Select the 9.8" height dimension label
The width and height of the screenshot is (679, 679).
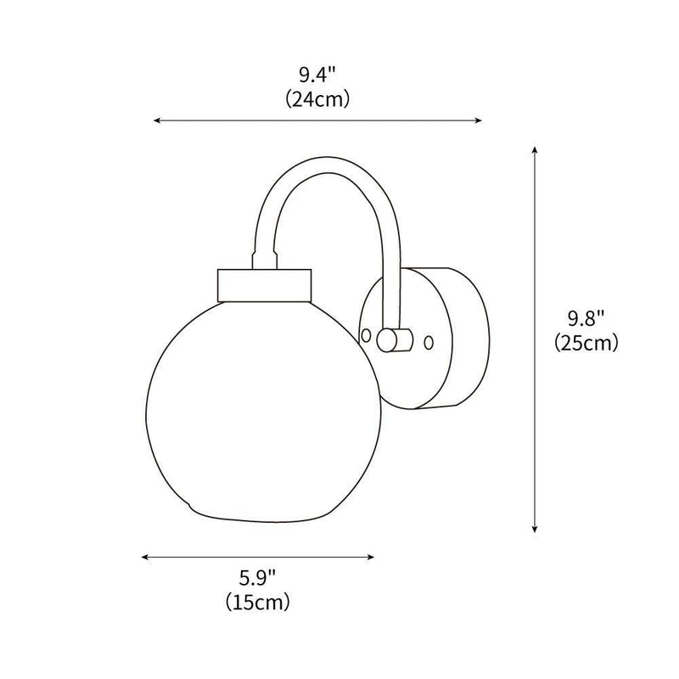585,321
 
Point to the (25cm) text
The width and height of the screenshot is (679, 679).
585,343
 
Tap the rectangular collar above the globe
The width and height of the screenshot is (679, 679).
265,283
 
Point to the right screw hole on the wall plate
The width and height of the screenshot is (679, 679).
429,342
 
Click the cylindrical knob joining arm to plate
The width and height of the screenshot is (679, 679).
394,339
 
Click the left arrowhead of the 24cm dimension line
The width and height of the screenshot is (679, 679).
156,121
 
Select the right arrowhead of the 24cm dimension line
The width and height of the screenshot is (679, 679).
479,121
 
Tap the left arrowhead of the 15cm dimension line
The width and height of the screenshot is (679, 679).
145,558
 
